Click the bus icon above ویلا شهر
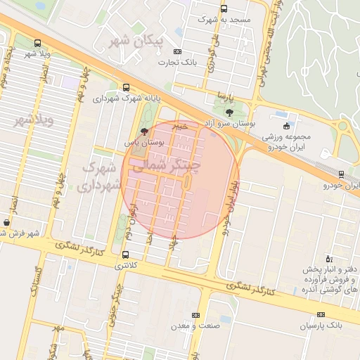[37, 42]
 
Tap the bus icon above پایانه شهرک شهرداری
[125, 88]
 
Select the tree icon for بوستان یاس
[144, 131]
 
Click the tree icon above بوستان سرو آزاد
[230, 112]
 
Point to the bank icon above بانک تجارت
[177, 51]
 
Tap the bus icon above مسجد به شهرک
[224, 9]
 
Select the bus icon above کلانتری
[125, 255]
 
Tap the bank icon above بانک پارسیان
[321, 314]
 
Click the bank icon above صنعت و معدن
[195, 314]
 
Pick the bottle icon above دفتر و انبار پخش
[328, 259]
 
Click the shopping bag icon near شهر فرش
[6, 222]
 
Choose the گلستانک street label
[38, 280]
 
